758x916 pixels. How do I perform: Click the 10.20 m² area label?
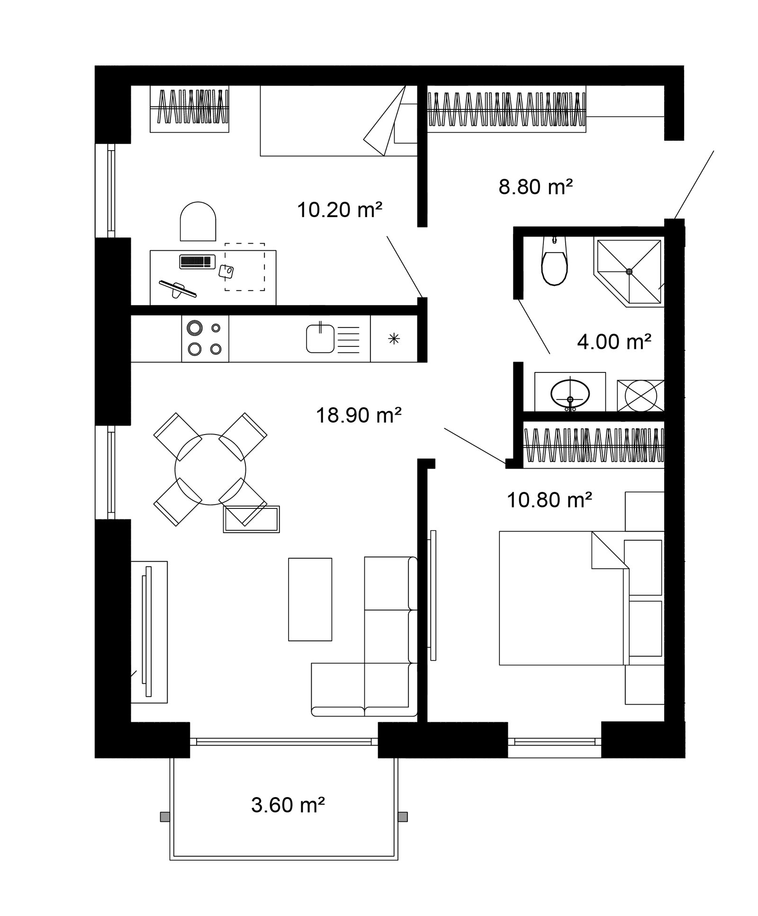pyautogui.click(x=339, y=209)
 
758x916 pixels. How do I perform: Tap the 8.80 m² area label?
pyautogui.click(x=536, y=187)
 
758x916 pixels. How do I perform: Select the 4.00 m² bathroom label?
pyautogui.click(x=614, y=341)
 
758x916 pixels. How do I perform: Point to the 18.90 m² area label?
pyautogui.click(x=359, y=415)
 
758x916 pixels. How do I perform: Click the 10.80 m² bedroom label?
pyautogui.click(x=550, y=499)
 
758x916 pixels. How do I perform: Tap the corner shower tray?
pyautogui.click(x=628, y=273)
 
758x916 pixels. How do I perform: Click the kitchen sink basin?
pyautogui.click(x=320, y=338)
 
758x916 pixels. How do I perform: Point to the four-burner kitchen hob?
pyautogui.click(x=205, y=338)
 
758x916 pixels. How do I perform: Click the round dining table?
pyautogui.click(x=210, y=469)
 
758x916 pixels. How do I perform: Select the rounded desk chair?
pyautogui.click(x=198, y=221)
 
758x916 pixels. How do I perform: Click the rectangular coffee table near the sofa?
pyautogui.click(x=310, y=599)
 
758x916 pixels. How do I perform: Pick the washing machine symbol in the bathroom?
pyautogui.click(x=641, y=395)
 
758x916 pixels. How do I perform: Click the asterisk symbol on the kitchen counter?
pyautogui.click(x=394, y=339)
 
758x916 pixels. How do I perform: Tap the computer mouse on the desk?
pyautogui.click(x=226, y=272)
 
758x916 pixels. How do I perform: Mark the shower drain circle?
pyautogui.click(x=629, y=272)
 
